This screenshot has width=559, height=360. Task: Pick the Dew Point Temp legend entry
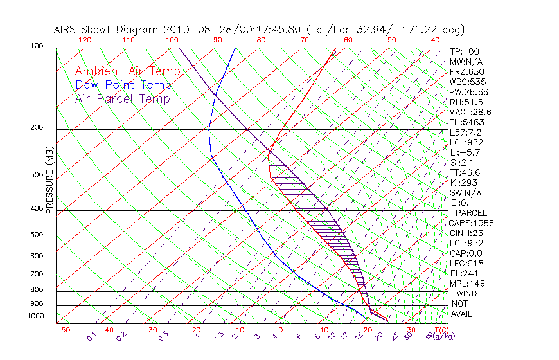click(123, 85)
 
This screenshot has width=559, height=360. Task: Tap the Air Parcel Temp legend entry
click(122, 98)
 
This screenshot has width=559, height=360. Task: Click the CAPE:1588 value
click(466, 223)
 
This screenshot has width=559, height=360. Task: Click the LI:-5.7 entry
click(462, 152)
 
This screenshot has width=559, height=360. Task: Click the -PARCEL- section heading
click(470, 213)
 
